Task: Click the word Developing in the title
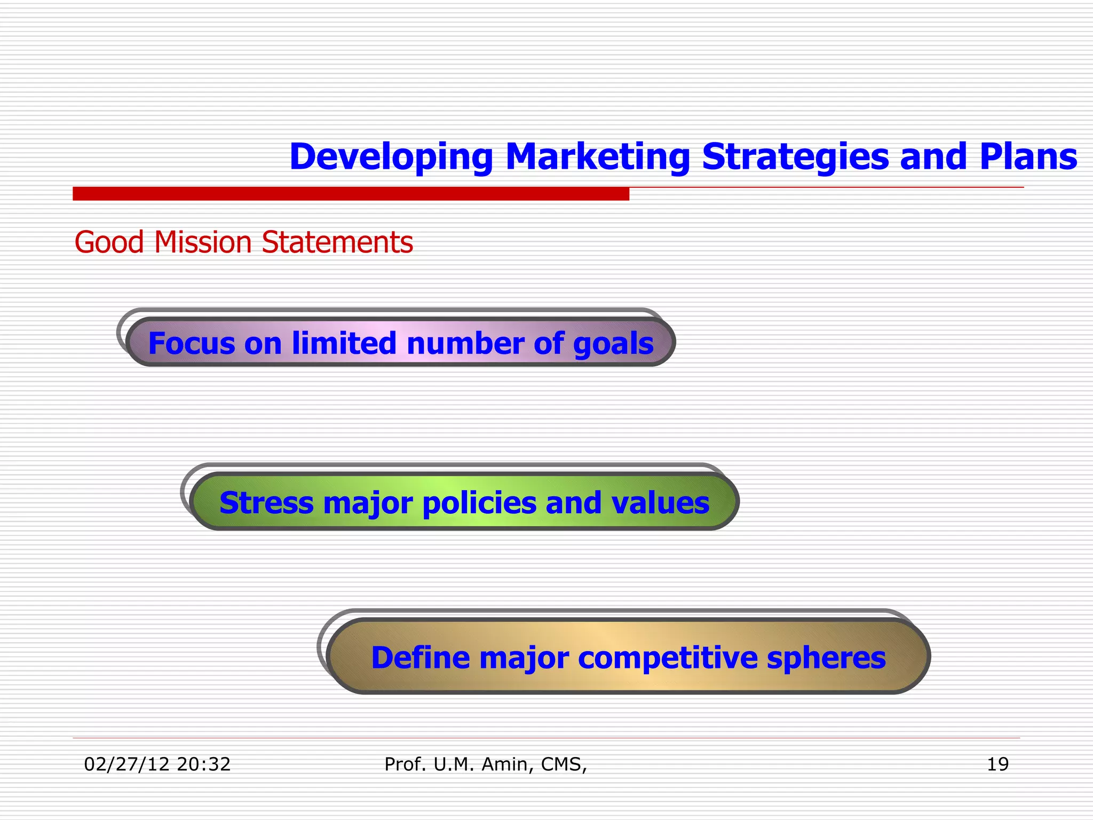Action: [x=391, y=157]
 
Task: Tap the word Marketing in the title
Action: [x=597, y=157]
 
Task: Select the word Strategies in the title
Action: [x=796, y=157]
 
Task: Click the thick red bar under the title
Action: [x=351, y=194]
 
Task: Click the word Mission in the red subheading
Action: [x=202, y=242]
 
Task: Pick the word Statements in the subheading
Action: [x=337, y=242]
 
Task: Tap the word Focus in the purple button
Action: [x=191, y=343]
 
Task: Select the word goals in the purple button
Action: [x=613, y=343]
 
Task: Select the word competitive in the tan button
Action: [x=668, y=658]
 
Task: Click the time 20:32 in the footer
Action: [x=203, y=764]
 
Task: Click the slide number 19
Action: [x=997, y=764]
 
